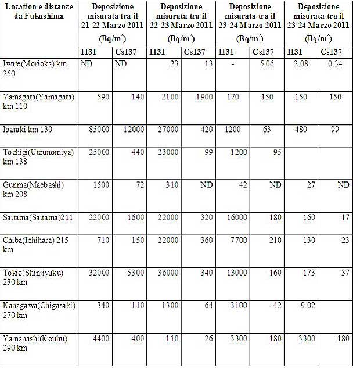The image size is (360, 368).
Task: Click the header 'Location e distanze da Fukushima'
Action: (39, 11)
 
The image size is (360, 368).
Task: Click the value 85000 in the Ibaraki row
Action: (98, 129)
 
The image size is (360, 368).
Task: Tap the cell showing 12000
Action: (133, 129)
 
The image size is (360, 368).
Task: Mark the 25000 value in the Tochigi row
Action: (98, 151)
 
